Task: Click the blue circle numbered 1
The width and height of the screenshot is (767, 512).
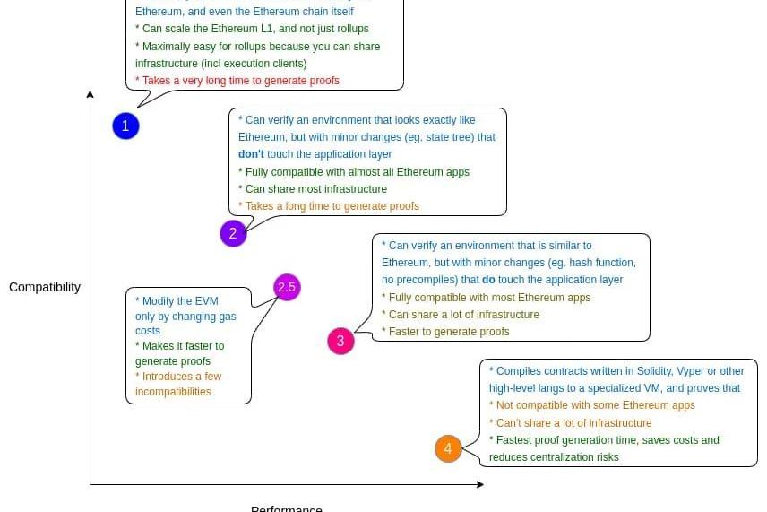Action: (x=125, y=126)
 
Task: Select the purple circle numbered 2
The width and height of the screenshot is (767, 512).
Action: (x=233, y=234)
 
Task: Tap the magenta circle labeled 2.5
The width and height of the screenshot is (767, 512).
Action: (x=287, y=288)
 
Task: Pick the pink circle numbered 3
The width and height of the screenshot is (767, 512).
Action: (x=340, y=342)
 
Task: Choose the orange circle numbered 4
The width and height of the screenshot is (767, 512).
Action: (x=448, y=448)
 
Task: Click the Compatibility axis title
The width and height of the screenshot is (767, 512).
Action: (x=45, y=288)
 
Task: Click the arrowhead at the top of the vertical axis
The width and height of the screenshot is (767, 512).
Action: (x=90, y=94)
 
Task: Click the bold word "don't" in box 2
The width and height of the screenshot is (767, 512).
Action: (x=251, y=154)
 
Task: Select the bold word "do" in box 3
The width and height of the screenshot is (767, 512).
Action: (x=488, y=280)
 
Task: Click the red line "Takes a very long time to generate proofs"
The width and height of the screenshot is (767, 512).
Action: (x=237, y=81)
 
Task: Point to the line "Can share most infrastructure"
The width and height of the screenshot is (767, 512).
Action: (x=313, y=189)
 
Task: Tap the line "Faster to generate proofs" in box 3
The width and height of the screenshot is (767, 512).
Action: (x=445, y=332)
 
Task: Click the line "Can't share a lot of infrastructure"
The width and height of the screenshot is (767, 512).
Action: (x=570, y=423)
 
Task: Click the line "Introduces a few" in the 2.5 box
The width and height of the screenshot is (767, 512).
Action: (x=178, y=377)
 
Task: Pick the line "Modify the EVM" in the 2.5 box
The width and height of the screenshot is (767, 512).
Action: (x=177, y=301)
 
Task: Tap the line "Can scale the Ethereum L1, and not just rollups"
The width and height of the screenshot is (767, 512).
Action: (x=252, y=29)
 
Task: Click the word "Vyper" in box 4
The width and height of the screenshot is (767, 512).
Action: (x=681, y=371)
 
